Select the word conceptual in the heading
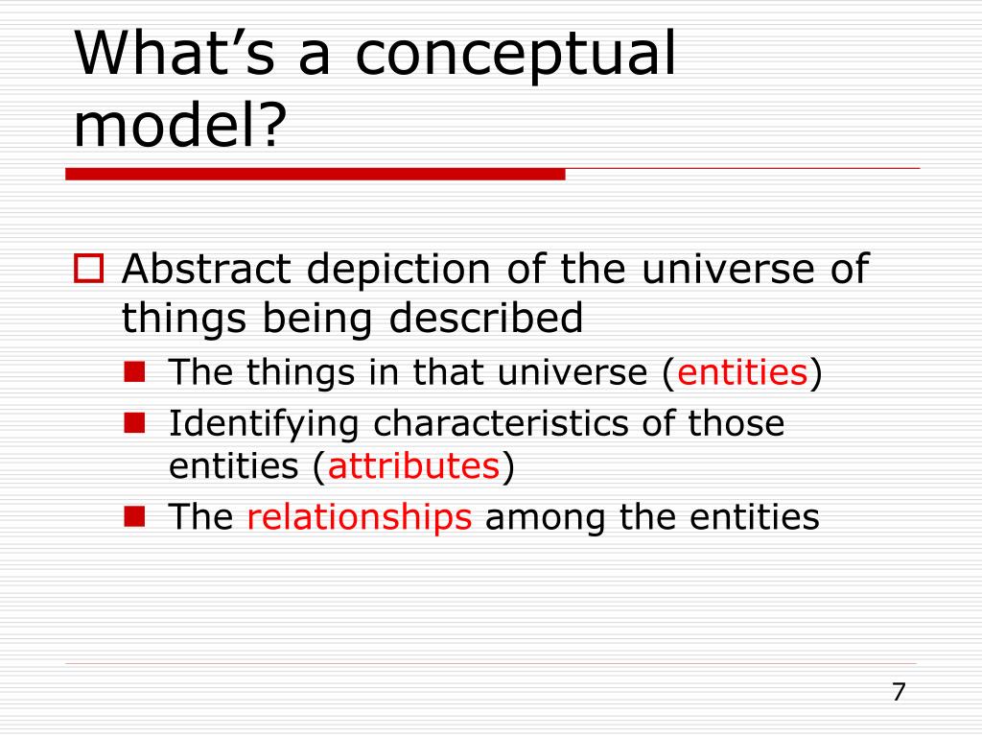516,58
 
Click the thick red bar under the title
315,175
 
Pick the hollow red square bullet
89,269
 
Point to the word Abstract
207,269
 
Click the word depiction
398,271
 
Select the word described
486,317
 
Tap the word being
316,320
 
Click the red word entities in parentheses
742,371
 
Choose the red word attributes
413,465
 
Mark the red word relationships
359,518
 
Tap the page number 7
899,692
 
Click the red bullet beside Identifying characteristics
134,423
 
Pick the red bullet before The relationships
134,516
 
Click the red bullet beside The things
134,371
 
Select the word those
736,423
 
